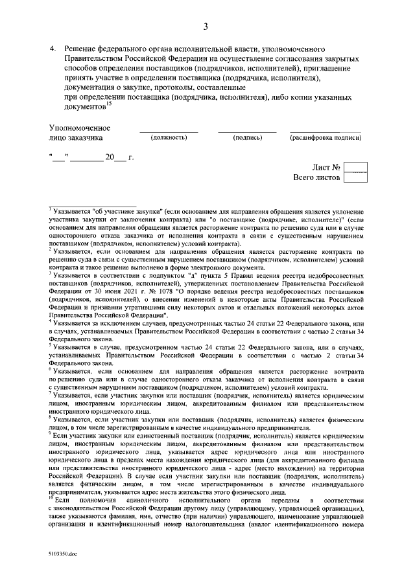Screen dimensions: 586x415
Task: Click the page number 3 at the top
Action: click(206, 27)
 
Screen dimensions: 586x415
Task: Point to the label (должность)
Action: click(169, 138)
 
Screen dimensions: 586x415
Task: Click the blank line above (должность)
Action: click(169, 131)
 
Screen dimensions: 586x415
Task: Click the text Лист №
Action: click(326, 167)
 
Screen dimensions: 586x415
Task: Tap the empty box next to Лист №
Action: click(355, 167)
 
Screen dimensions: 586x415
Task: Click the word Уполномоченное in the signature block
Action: click(80, 128)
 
